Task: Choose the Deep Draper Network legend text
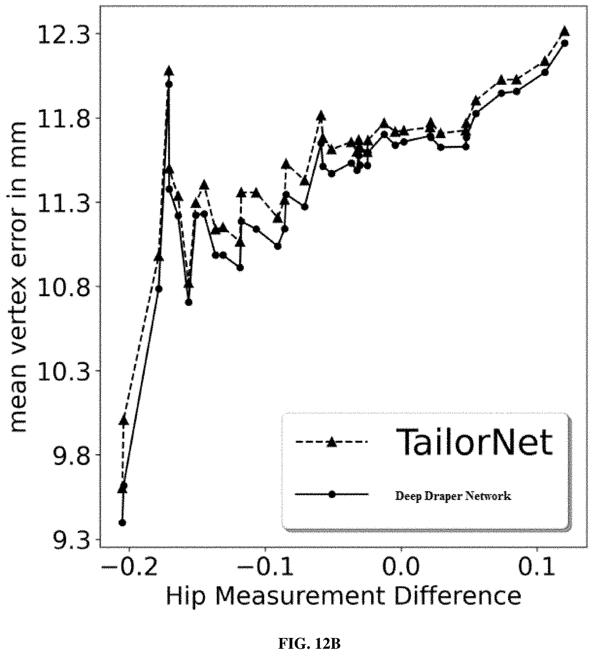(x=453, y=496)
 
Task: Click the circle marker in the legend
(x=332, y=494)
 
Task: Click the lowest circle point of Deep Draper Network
(x=122, y=522)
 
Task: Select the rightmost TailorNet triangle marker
(x=565, y=31)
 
